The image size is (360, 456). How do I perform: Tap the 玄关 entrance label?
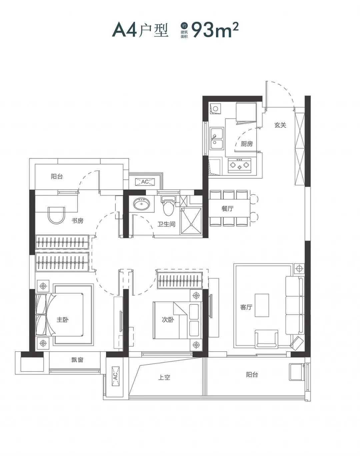pyautogui.click(x=280, y=125)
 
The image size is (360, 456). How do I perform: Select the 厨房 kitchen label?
pyautogui.click(x=247, y=144)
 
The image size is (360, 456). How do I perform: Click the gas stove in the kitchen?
pyautogui.click(x=240, y=165)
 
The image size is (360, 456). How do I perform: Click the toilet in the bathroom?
pyautogui.click(x=168, y=205)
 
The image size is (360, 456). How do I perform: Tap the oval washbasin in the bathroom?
pyautogui.click(x=142, y=204)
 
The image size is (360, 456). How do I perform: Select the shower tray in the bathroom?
pyautogui.click(x=191, y=221)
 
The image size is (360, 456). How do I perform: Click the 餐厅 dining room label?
pyautogui.click(x=227, y=208)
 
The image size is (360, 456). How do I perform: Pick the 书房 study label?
pyautogui.click(x=77, y=221)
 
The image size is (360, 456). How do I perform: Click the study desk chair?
pyautogui.click(x=56, y=215)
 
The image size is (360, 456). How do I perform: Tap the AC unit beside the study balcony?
pyautogui.click(x=145, y=182)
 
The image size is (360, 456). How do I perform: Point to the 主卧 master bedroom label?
pyautogui.click(x=62, y=320)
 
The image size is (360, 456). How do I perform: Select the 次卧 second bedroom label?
pyautogui.click(x=168, y=320)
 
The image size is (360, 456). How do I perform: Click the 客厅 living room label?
pyautogui.click(x=246, y=307)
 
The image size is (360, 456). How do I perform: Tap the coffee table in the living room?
pyautogui.click(x=262, y=305)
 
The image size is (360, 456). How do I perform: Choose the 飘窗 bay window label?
pyautogui.click(x=77, y=360)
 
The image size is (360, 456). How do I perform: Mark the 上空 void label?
pyautogui.click(x=164, y=377)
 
